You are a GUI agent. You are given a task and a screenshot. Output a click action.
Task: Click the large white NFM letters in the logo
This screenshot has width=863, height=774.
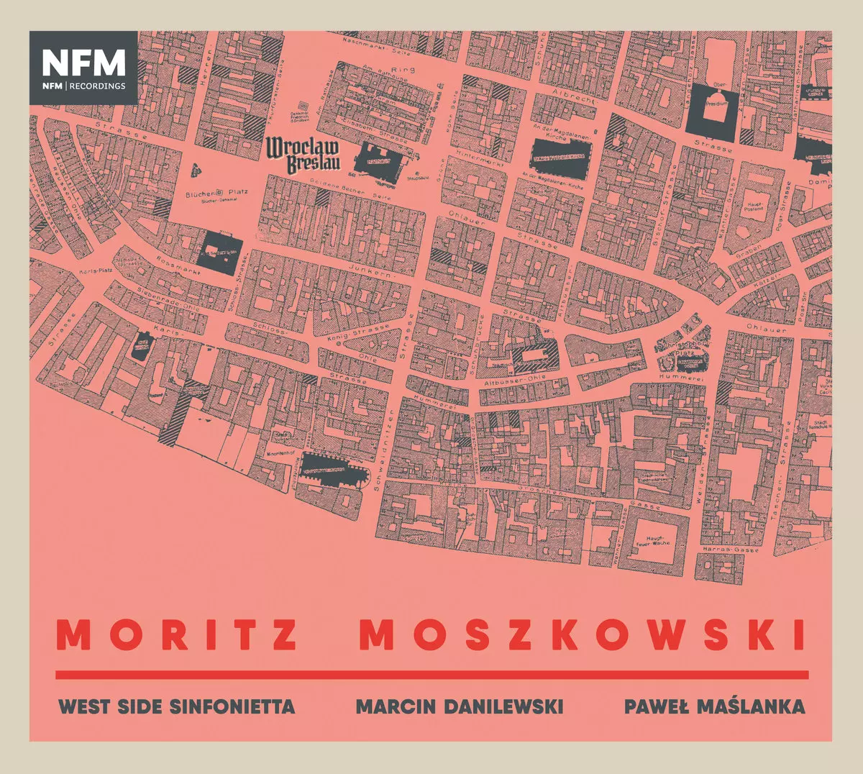tap(83, 63)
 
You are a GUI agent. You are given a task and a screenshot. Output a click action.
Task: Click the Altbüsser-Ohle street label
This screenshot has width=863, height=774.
tap(514, 377)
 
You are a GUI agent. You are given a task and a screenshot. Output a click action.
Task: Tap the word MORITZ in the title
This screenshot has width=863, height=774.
tap(178, 635)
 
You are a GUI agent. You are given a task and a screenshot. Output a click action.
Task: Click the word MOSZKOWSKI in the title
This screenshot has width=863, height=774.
tap(582, 635)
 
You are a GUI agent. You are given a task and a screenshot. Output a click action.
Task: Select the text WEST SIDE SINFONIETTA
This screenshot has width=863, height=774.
tap(176, 706)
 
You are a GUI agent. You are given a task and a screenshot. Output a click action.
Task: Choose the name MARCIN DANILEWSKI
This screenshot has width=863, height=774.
tap(460, 706)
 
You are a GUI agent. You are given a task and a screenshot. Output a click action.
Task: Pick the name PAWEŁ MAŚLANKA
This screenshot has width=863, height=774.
tap(714, 706)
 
